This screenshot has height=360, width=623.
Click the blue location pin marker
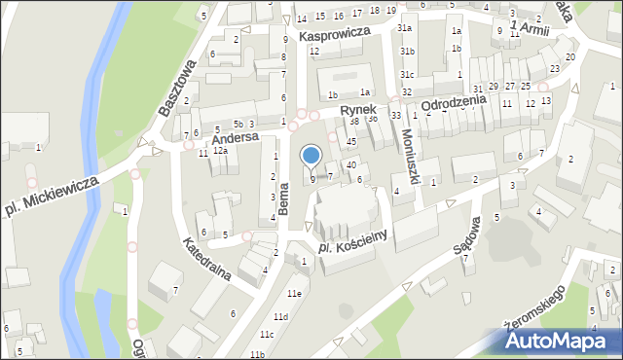click(x=311, y=156)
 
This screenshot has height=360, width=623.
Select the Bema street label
click(x=284, y=197)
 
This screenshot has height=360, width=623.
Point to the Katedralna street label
click(x=205, y=260)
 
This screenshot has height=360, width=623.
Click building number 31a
click(x=404, y=29)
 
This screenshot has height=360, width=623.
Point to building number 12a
click(x=221, y=151)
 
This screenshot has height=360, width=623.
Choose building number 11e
click(x=293, y=293)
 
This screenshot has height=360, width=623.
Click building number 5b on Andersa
click(x=238, y=124)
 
